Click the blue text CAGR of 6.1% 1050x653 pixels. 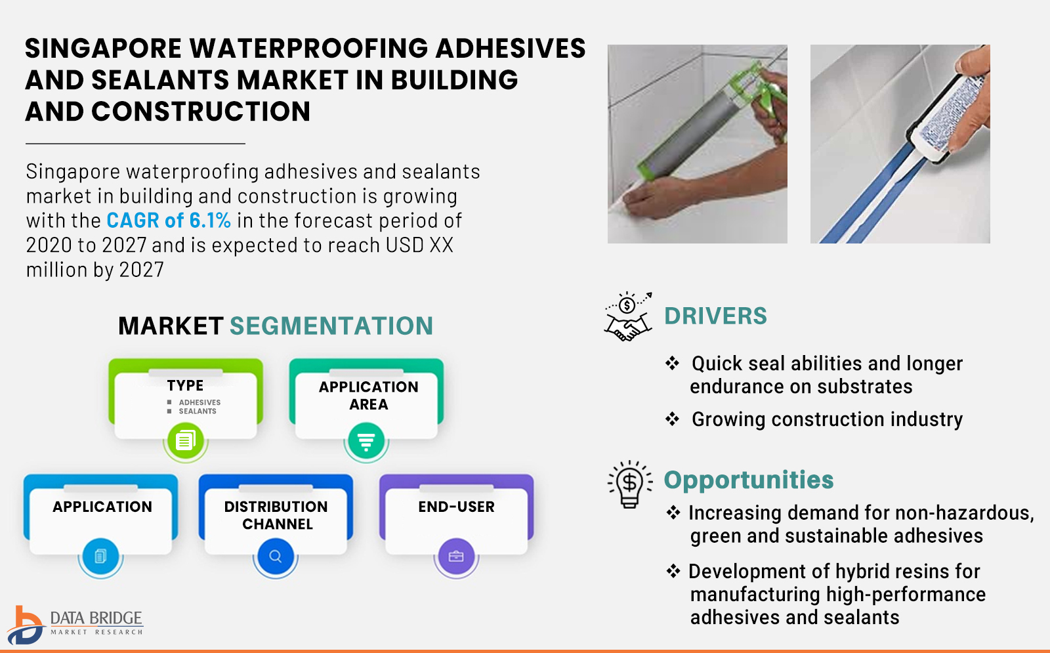[169, 221]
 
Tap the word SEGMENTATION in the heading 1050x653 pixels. [331, 326]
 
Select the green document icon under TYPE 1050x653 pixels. [186, 440]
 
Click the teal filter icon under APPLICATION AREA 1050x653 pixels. [366, 440]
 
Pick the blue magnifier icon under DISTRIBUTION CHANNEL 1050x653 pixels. [276, 557]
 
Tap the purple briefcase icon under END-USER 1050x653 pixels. [456, 557]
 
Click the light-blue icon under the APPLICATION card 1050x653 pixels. [101, 557]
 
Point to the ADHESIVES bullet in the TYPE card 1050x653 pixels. [194, 402]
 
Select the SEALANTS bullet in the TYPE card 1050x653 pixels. [192, 411]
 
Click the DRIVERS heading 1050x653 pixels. [715, 316]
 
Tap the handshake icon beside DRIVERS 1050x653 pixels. [628, 316]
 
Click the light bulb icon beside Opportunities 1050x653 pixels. [629, 484]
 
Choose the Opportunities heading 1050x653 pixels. [749, 480]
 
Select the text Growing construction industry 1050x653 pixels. [827, 419]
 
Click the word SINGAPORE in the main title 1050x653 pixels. [103, 49]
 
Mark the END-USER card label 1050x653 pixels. [456, 507]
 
